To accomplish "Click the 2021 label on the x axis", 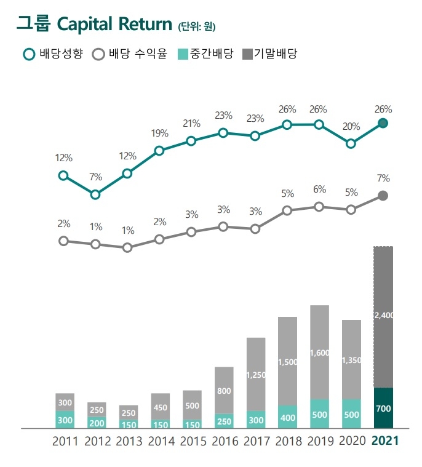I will click(385, 441).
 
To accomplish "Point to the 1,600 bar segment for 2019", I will click(319, 352).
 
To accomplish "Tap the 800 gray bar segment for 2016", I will click(224, 390).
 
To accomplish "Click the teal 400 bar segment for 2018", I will click(287, 417).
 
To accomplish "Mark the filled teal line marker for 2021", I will click(383, 123).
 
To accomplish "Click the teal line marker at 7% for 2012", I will click(95, 194).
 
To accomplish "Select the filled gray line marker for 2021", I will click(383, 196).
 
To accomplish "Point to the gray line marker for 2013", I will click(127, 247).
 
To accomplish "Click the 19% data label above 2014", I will click(159, 133).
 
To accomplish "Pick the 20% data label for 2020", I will click(351, 127).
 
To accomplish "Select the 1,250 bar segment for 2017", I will click(255, 373).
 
